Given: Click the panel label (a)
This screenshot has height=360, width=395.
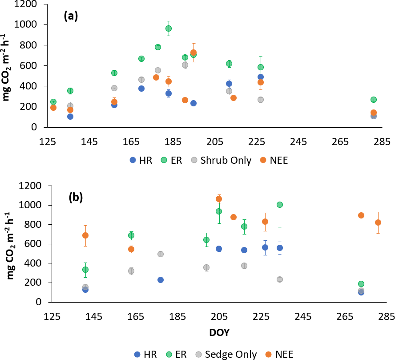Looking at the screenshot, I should [x=71, y=16].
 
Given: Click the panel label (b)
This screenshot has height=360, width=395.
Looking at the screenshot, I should [x=78, y=198].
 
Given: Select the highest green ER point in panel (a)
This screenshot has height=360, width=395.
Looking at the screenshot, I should [x=169, y=28].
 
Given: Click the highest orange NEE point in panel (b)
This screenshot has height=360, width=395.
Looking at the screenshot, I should [x=219, y=199].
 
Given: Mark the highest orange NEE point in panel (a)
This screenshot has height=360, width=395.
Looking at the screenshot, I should [x=193, y=53].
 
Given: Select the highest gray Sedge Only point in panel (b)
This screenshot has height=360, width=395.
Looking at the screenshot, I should [x=161, y=254].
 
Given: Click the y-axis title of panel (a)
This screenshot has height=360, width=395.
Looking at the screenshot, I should [x=8, y=65].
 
